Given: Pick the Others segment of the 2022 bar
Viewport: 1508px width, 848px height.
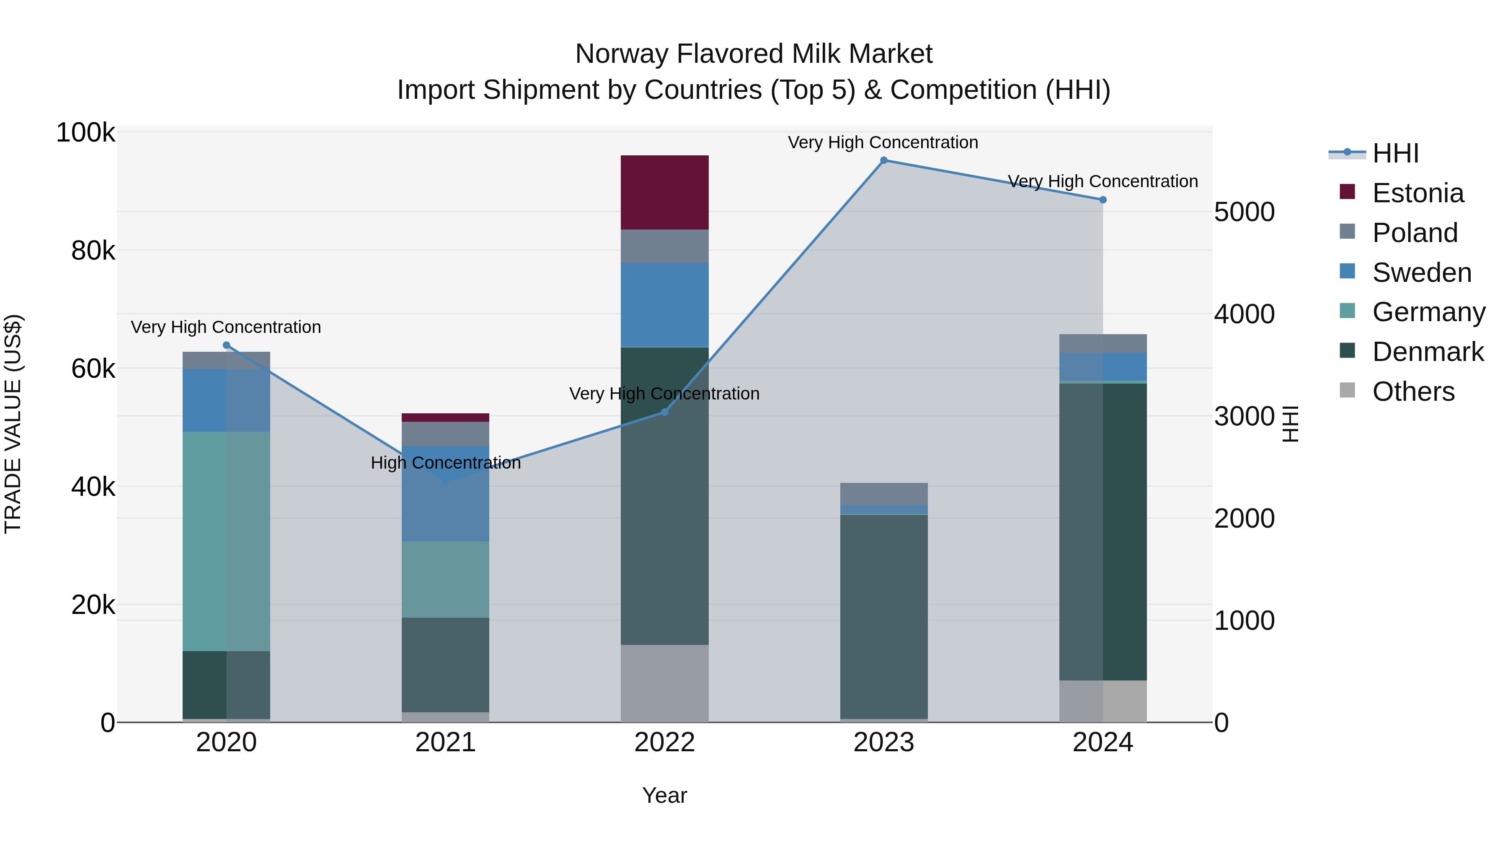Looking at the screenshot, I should coord(664,683).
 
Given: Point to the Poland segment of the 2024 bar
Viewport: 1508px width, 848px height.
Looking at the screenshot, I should coord(1103,343).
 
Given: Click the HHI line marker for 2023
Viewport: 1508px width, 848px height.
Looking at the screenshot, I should coord(884,160).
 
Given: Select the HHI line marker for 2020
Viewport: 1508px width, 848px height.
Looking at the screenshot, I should coord(227,345).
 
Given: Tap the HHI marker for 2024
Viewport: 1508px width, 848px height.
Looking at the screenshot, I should coord(1103,200).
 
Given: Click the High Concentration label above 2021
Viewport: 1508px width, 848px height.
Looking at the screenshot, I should coord(446,463).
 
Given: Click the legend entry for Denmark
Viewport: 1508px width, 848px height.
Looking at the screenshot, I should coord(1427,352).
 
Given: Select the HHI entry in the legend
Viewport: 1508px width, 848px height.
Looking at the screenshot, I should coord(1395,153).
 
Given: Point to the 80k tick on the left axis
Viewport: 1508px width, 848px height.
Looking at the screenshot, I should coord(93,251).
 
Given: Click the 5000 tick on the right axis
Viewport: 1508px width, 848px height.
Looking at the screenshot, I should coord(1244,212).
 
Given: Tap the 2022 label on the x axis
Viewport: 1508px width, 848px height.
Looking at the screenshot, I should coord(664,742).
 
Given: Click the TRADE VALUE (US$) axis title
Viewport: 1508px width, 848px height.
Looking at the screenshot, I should coord(13,424).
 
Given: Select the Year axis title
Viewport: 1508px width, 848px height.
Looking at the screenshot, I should coord(664,795).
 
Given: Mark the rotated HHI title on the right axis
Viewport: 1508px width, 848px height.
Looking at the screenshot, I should coord(1290,424).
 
